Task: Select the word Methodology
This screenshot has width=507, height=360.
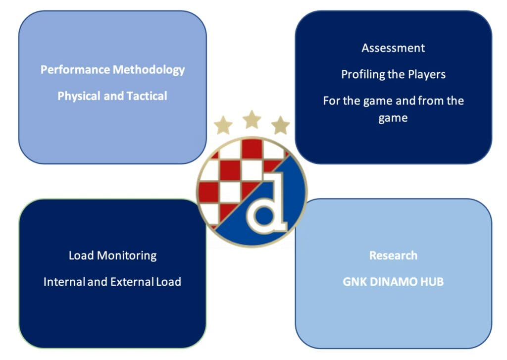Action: coord(149,70)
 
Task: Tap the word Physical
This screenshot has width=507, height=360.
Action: coord(79,96)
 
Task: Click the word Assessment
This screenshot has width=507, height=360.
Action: coord(393,48)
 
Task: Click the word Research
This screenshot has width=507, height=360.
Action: coord(393,256)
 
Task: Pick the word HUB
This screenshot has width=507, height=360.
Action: coord(432,282)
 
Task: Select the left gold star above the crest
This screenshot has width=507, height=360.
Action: coord(223,125)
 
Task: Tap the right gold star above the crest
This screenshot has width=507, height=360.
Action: coord(280,125)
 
